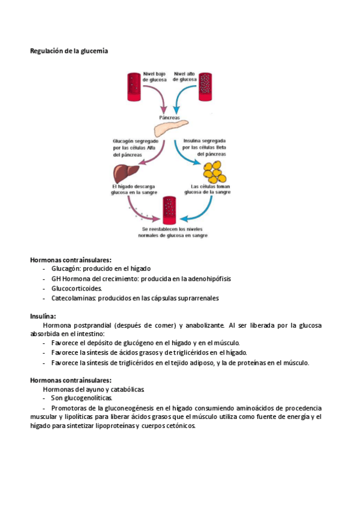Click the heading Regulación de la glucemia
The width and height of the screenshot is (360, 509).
(69, 51)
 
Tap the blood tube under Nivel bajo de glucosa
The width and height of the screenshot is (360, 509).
(133, 85)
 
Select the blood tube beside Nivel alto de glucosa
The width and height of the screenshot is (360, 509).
(206, 85)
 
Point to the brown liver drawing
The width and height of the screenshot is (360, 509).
(123, 173)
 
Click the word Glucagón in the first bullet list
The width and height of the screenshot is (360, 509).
(65, 268)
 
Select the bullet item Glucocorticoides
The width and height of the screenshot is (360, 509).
(77, 288)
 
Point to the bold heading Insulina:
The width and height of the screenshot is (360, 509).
(43, 316)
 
